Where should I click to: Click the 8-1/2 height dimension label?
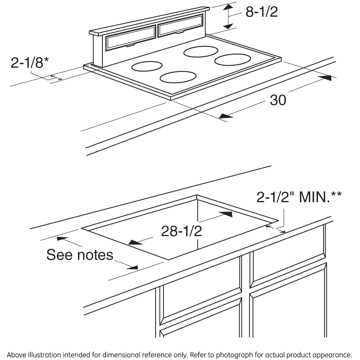pos(261,12)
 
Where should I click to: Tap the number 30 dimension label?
pos(278,100)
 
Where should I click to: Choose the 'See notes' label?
pos(80,254)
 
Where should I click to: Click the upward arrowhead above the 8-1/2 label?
pos(228,8)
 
